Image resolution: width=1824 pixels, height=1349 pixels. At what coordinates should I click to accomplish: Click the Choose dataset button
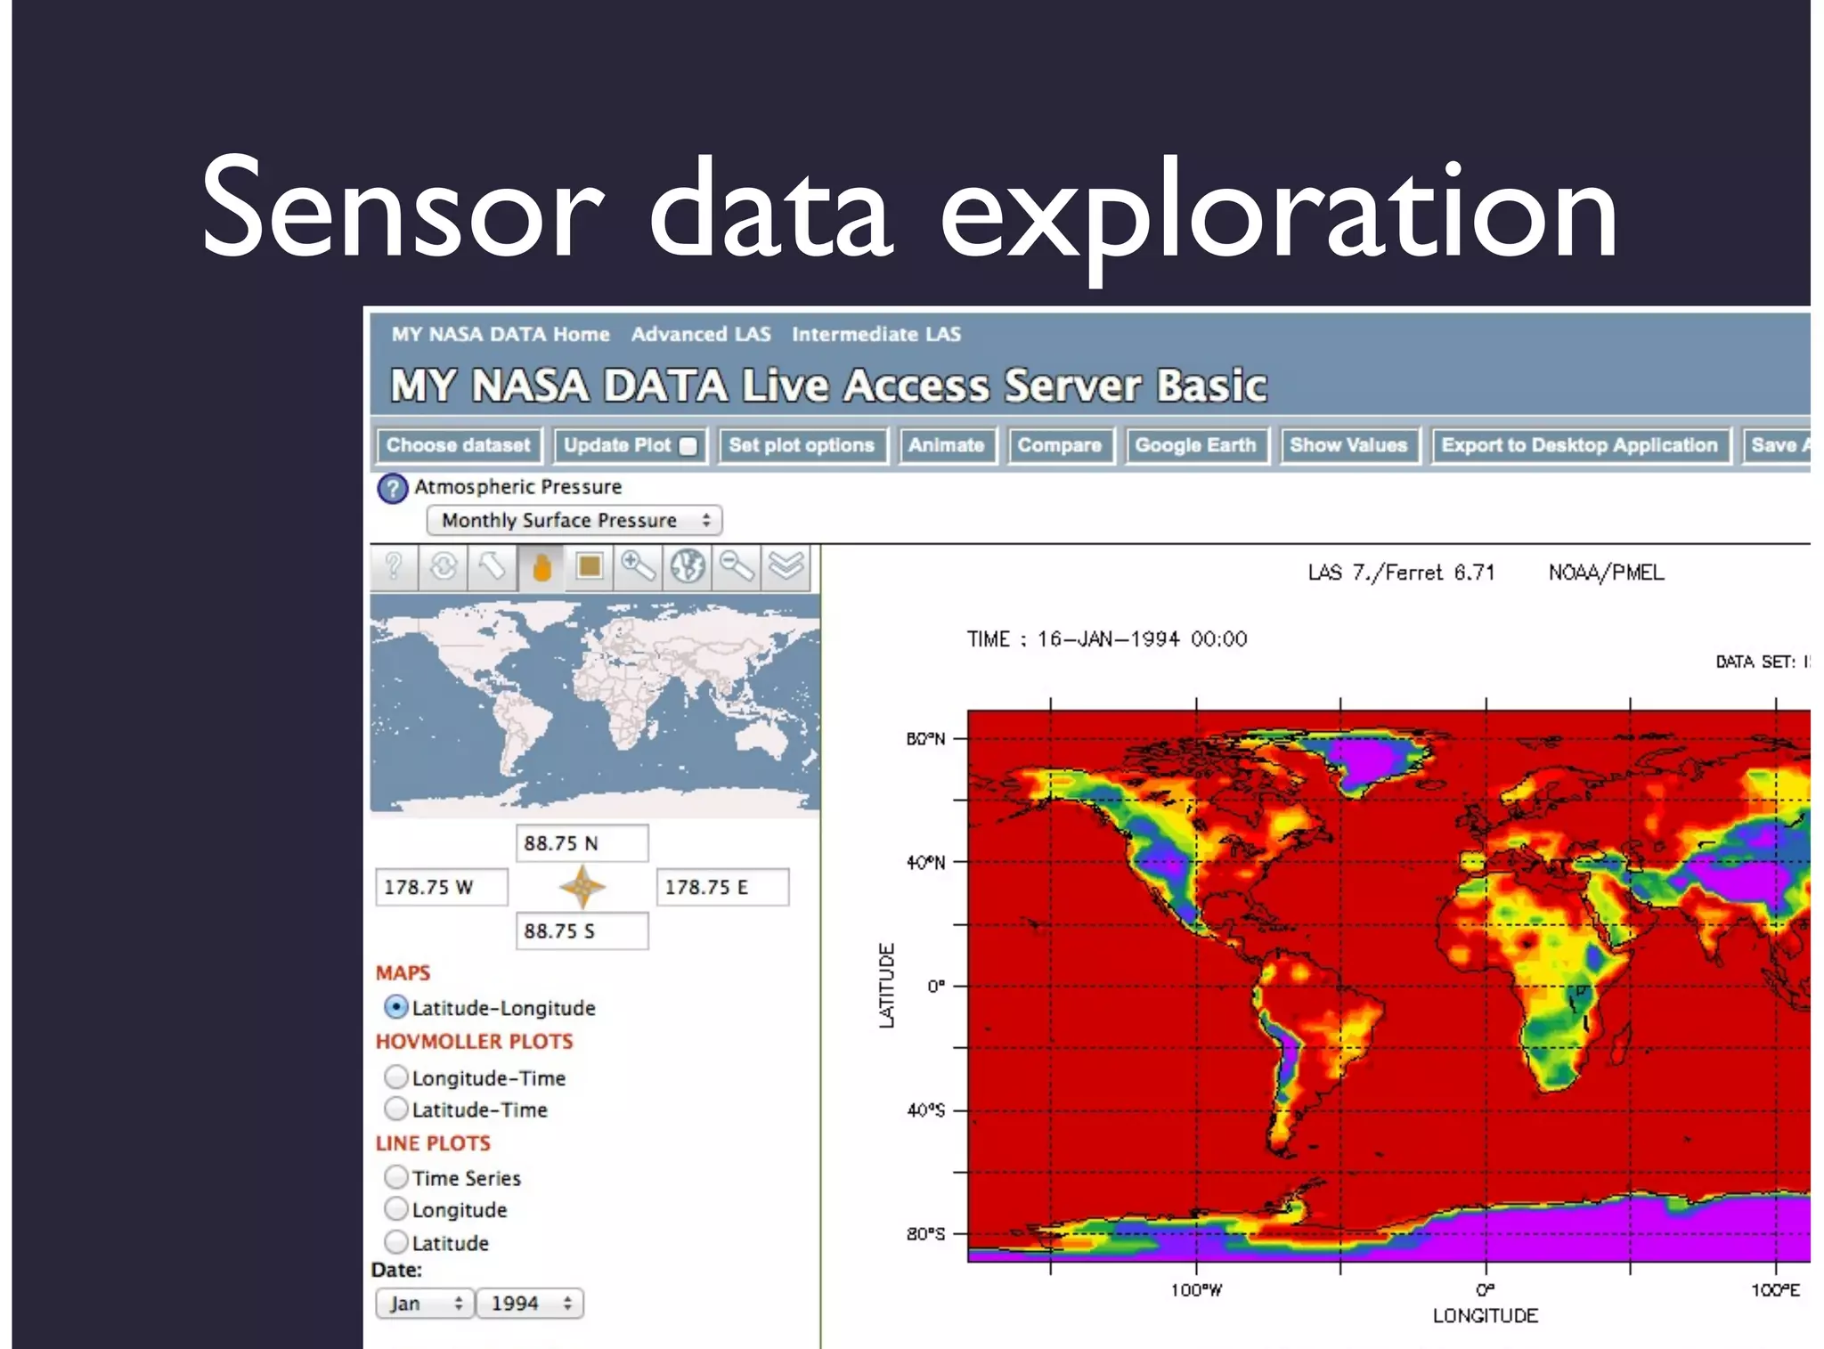[458, 445]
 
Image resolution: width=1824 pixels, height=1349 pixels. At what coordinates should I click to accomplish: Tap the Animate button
[946, 445]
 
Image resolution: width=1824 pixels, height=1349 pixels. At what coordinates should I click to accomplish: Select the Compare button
[1059, 445]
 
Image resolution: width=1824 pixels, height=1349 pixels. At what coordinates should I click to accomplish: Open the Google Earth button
[1195, 445]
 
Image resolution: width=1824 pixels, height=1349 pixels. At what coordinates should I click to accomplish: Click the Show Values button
[1348, 445]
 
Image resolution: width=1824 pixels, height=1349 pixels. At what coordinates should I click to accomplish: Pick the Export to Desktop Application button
[1579, 445]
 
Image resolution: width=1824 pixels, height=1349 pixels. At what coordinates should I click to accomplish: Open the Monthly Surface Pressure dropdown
[574, 520]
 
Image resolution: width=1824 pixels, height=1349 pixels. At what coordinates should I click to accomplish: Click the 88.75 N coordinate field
[582, 842]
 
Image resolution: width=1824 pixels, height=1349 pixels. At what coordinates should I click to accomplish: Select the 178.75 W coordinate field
[441, 887]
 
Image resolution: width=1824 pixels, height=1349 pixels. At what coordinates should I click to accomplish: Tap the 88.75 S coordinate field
[582, 930]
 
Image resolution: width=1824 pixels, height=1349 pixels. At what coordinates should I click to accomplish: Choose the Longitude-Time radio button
[396, 1077]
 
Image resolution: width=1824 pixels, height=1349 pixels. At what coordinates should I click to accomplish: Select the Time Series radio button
[396, 1177]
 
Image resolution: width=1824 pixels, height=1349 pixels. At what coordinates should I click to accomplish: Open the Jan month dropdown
[424, 1304]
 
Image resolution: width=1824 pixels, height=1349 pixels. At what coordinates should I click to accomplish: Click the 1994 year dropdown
[529, 1304]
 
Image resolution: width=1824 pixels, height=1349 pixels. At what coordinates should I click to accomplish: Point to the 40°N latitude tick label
[924, 862]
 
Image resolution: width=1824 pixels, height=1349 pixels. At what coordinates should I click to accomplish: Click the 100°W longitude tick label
[1195, 1290]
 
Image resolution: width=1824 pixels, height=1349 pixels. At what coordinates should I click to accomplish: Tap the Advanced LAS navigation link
[701, 334]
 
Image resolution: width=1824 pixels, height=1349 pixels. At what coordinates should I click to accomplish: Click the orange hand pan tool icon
[541, 566]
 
